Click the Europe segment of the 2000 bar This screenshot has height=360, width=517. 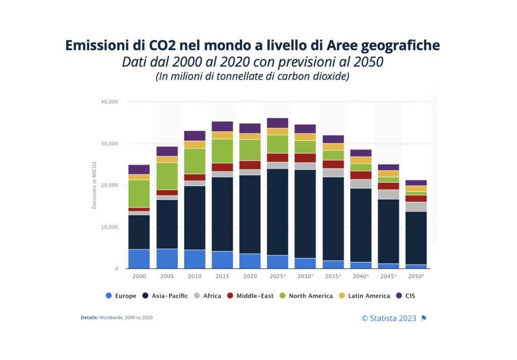pyautogui.click(x=139, y=259)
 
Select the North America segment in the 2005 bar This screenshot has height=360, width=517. pyautogui.click(x=167, y=176)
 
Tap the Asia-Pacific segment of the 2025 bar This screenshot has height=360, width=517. pyautogui.click(x=277, y=212)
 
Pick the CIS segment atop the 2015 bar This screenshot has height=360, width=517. pyautogui.click(x=222, y=126)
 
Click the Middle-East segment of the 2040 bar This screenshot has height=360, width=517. pyautogui.click(x=360, y=175)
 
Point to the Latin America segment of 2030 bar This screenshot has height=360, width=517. pyautogui.click(x=305, y=137)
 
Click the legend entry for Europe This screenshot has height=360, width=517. pyautogui.click(x=121, y=296)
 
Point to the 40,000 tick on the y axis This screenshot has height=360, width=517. pyautogui.click(x=109, y=102)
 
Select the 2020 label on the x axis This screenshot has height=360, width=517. pyautogui.click(x=250, y=277)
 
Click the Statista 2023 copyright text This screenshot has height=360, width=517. pyautogui.click(x=389, y=318)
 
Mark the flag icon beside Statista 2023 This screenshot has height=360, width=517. pyautogui.click(x=424, y=318)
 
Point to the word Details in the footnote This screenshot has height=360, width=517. pyautogui.click(x=89, y=318)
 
